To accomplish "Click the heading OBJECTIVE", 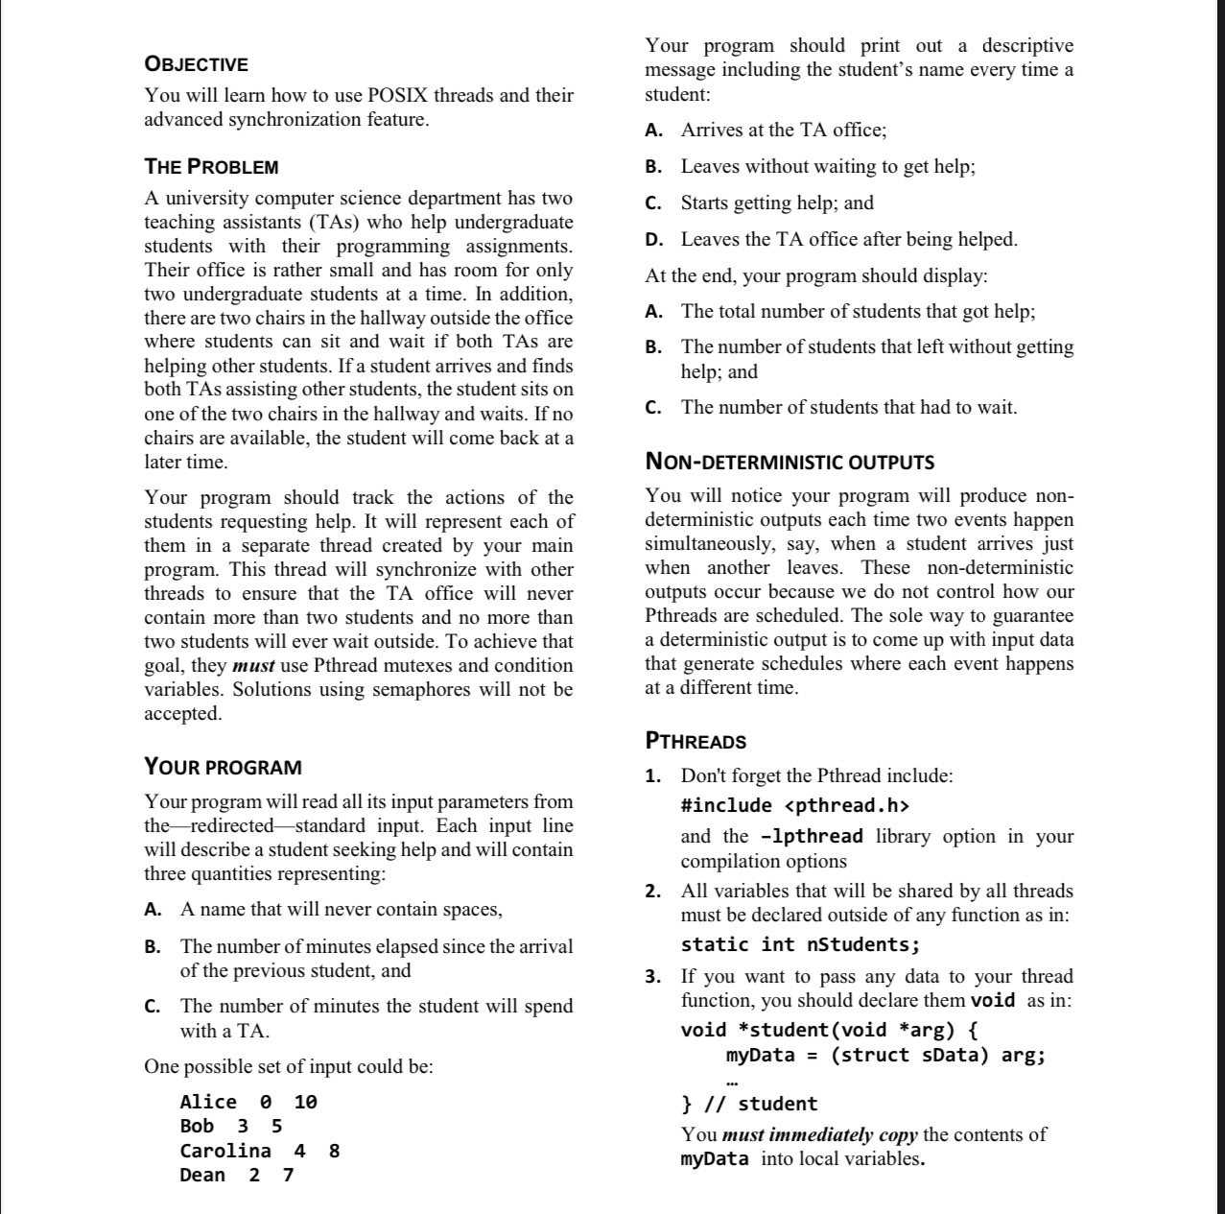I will click(x=196, y=64).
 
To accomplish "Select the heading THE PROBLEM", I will click(x=211, y=166).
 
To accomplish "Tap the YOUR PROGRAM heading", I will click(x=223, y=767).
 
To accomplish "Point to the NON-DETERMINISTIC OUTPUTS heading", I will click(x=789, y=462).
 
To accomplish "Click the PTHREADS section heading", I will click(x=695, y=741).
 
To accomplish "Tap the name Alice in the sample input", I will click(x=208, y=1102).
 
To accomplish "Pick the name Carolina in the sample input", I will click(x=225, y=1151).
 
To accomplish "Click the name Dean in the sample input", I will click(x=202, y=1175).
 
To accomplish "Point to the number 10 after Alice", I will click(x=305, y=1102).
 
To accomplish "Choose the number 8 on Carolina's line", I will click(x=334, y=1151).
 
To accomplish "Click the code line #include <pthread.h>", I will click(x=794, y=805).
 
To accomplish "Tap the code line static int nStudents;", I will click(x=800, y=944).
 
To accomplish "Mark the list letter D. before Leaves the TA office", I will click(x=653, y=239).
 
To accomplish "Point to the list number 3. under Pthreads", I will click(x=652, y=977).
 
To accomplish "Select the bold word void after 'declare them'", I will click(x=993, y=1000).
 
